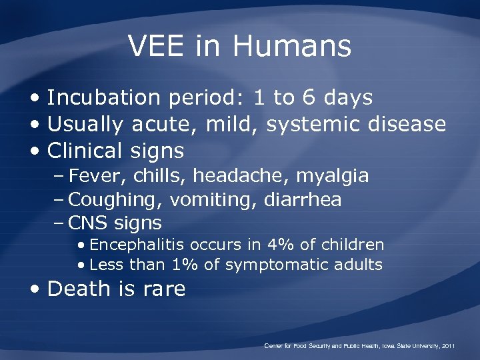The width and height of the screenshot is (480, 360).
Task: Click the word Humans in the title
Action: (x=292, y=46)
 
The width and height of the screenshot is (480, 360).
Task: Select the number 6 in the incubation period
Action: (x=309, y=98)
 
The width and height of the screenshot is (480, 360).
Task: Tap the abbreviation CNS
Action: (x=89, y=223)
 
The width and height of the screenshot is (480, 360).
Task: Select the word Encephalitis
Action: (x=138, y=245)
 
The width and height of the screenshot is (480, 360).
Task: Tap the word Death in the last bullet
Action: (x=76, y=289)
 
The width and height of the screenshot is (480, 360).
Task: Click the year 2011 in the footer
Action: (x=448, y=346)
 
